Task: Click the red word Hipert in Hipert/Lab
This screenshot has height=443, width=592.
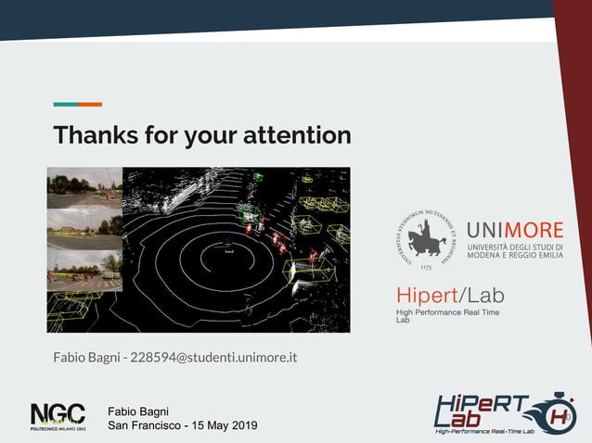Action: [x=427, y=296]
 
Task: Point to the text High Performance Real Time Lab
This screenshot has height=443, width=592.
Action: [x=447, y=315]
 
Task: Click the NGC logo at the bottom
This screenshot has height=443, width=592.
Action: [x=58, y=416]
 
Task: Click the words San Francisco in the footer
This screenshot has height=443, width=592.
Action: [x=145, y=425]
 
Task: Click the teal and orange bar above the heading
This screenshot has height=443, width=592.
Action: [x=77, y=104]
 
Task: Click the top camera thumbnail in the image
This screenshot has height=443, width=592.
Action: [x=84, y=187]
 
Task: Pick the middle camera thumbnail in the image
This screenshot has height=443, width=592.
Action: [x=84, y=228]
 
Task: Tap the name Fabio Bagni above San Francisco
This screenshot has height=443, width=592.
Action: [x=138, y=411]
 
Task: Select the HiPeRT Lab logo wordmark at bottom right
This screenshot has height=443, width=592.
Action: [x=483, y=412]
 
